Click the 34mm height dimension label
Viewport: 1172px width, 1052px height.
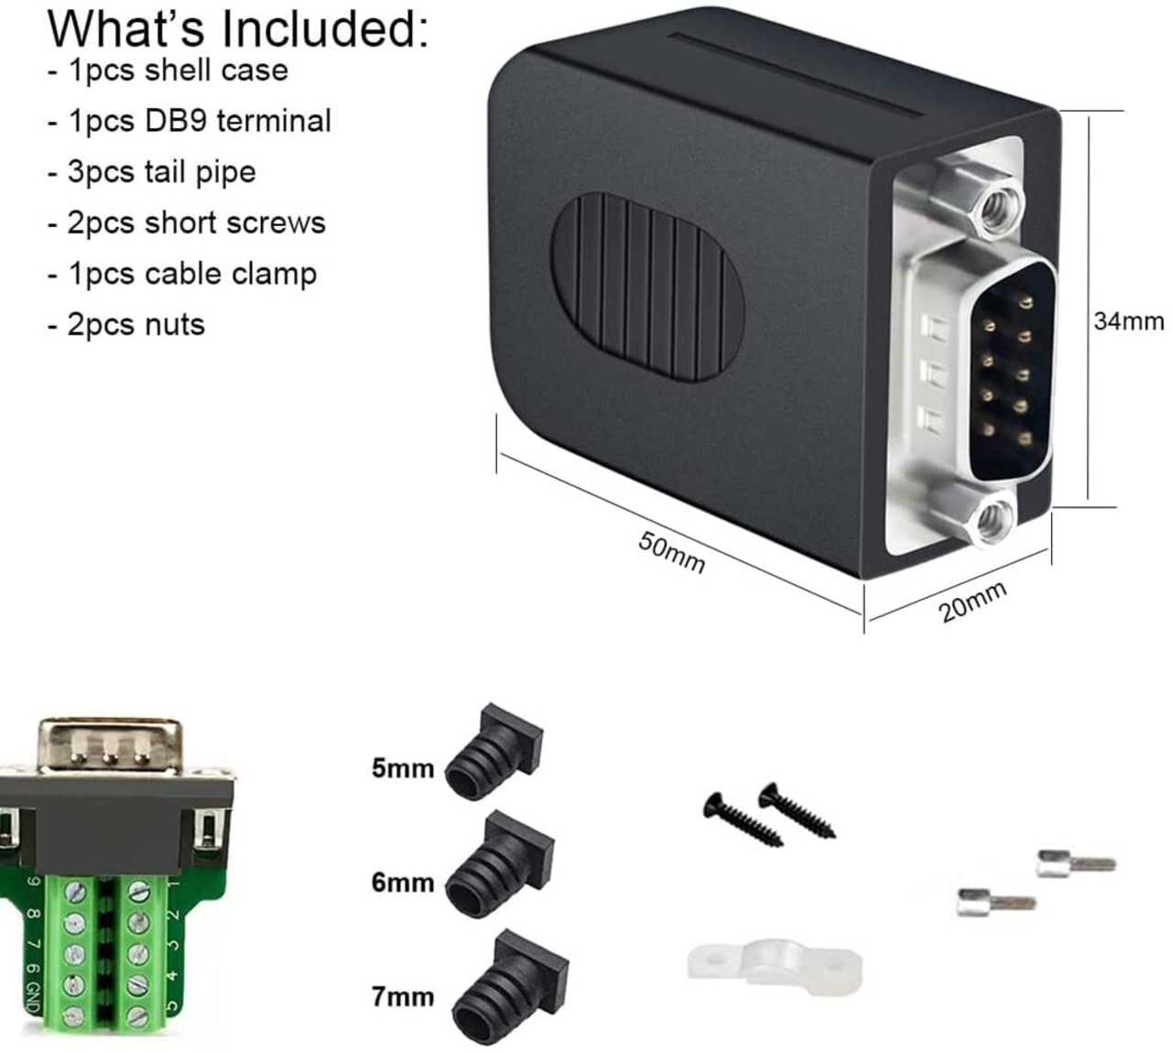[1128, 321]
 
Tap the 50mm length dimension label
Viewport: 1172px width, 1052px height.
[671, 553]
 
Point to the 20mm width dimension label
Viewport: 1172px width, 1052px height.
[972, 601]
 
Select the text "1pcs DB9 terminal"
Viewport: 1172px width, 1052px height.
[190, 121]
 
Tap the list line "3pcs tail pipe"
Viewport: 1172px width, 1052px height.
[152, 172]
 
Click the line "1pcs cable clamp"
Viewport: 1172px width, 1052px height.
[182, 274]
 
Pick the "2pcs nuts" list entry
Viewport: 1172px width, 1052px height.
[126, 324]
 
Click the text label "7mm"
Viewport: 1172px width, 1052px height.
[403, 995]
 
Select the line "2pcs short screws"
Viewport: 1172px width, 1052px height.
[187, 223]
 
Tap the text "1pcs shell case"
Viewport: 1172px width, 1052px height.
[168, 70]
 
